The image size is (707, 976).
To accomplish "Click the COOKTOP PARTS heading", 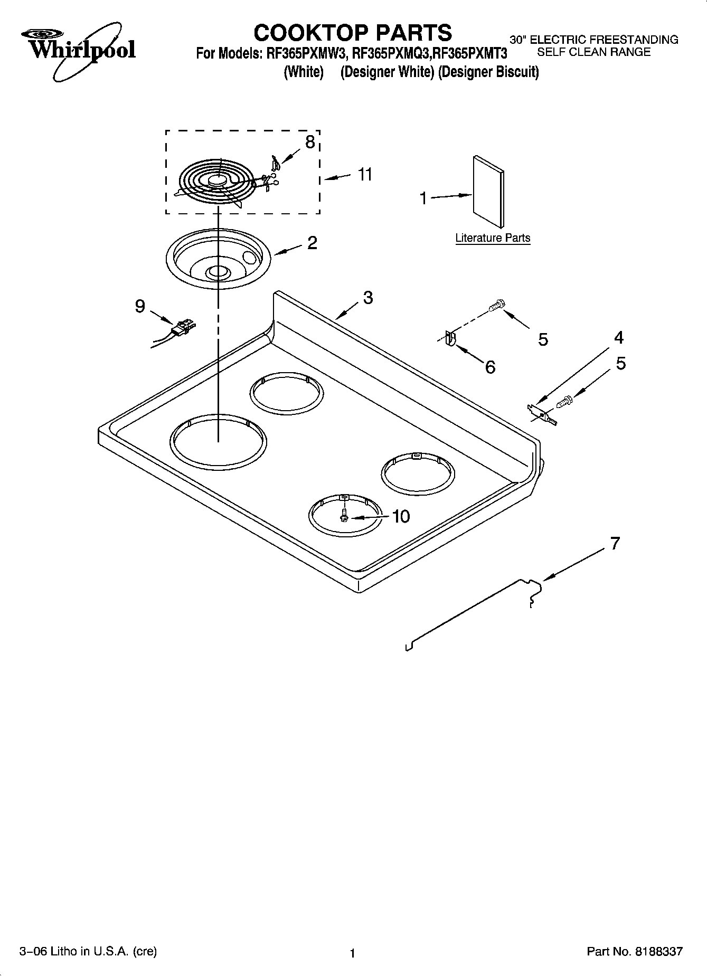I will [353, 33].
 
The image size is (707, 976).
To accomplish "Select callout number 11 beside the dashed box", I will [365, 174].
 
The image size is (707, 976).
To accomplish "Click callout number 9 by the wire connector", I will [139, 306].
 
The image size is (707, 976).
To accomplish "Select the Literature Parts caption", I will [493, 238].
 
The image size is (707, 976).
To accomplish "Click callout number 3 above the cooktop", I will [368, 298].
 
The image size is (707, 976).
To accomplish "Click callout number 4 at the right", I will [618, 337].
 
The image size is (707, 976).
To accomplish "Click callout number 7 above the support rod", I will [615, 543].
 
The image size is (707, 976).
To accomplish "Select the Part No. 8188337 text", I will [635, 952].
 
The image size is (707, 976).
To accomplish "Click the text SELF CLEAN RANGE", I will [593, 52].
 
